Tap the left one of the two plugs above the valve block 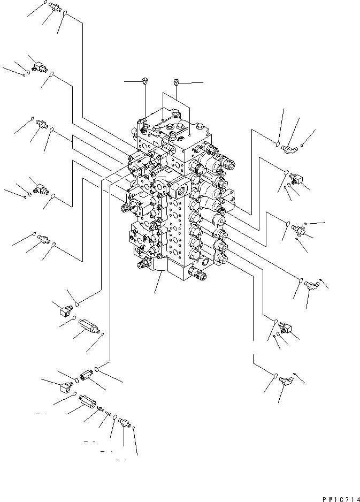145,81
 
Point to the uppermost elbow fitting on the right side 290,144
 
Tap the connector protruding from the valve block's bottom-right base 200,276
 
